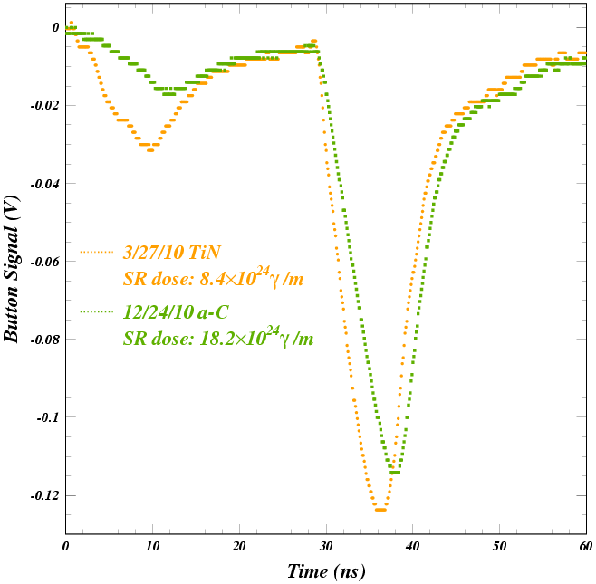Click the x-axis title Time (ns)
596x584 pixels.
(x=326, y=571)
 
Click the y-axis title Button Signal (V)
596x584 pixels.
(x=12, y=269)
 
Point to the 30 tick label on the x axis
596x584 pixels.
(x=326, y=546)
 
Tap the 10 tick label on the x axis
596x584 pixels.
(x=152, y=546)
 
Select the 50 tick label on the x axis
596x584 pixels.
(x=499, y=546)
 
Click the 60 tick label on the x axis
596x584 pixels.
(x=585, y=546)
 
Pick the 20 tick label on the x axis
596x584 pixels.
(x=239, y=546)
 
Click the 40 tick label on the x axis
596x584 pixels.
(x=412, y=546)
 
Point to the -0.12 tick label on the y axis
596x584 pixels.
(x=43, y=496)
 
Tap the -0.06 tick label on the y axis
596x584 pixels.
(x=43, y=262)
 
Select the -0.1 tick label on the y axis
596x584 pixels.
(x=46, y=418)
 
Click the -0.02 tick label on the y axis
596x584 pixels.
(x=43, y=106)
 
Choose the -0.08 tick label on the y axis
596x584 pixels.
(x=43, y=340)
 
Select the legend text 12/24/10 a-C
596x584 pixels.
(x=176, y=312)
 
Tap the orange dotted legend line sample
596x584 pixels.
(x=98, y=252)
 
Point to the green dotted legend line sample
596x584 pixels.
(x=98, y=312)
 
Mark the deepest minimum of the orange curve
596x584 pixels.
(x=380, y=510)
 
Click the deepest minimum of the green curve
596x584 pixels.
(x=393, y=471)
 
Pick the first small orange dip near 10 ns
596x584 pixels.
(x=149, y=148)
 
